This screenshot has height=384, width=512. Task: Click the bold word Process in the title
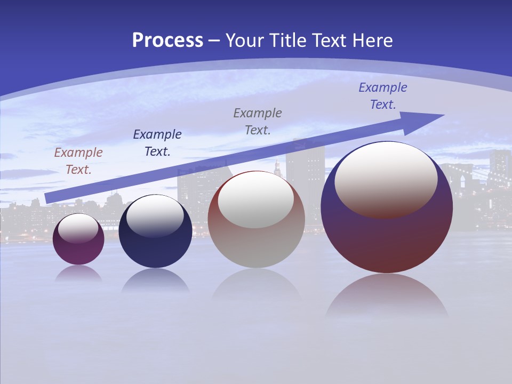(x=167, y=41)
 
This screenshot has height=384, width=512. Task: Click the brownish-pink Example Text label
(x=78, y=161)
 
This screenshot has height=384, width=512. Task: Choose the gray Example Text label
(x=258, y=121)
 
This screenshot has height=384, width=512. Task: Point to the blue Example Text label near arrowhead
(x=383, y=96)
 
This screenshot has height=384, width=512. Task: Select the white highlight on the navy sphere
(x=155, y=215)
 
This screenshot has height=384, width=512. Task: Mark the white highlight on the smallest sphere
(x=78, y=228)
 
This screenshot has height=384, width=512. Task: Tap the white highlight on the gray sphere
(x=256, y=199)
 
